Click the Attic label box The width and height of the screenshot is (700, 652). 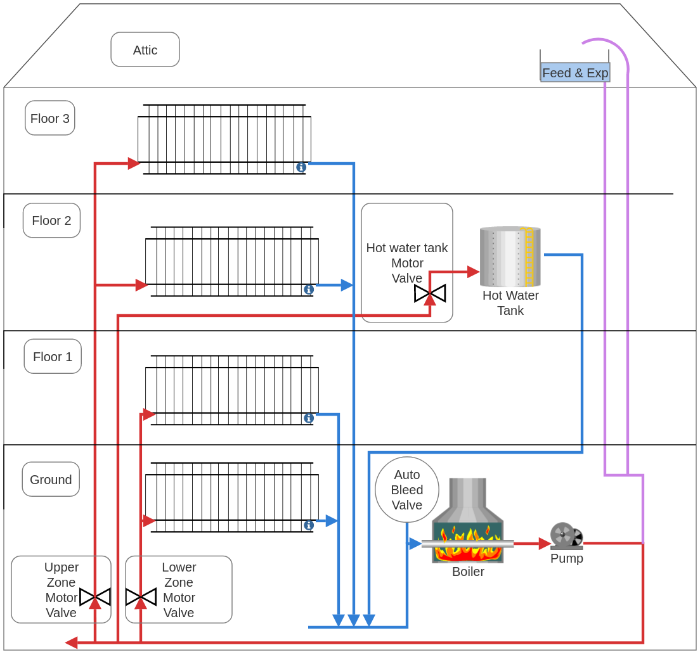(x=145, y=49)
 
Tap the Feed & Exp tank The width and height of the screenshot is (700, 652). (x=575, y=72)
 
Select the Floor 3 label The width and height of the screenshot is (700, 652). (x=50, y=118)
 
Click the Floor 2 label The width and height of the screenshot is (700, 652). (x=51, y=221)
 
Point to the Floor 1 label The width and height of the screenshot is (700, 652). (x=53, y=356)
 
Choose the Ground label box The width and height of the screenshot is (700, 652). (x=51, y=479)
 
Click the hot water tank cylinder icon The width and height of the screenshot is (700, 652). (x=510, y=257)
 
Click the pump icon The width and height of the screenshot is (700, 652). (x=566, y=536)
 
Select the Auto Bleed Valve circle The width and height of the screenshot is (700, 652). (x=407, y=490)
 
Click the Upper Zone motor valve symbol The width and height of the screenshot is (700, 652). (x=95, y=597)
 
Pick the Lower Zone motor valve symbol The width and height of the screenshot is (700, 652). (x=141, y=597)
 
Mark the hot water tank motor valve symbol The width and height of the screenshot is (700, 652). (x=430, y=293)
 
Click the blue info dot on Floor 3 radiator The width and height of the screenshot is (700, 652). (x=301, y=167)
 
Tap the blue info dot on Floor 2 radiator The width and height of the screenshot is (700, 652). (x=309, y=290)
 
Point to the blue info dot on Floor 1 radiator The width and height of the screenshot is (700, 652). (x=309, y=418)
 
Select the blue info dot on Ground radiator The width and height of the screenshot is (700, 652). (x=309, y=525)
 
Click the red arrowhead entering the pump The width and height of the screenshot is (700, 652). (x=545, y=544)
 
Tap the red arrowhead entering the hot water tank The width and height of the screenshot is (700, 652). (x=473, y=272)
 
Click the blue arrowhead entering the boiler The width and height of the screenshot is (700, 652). (x=415, y=544)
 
